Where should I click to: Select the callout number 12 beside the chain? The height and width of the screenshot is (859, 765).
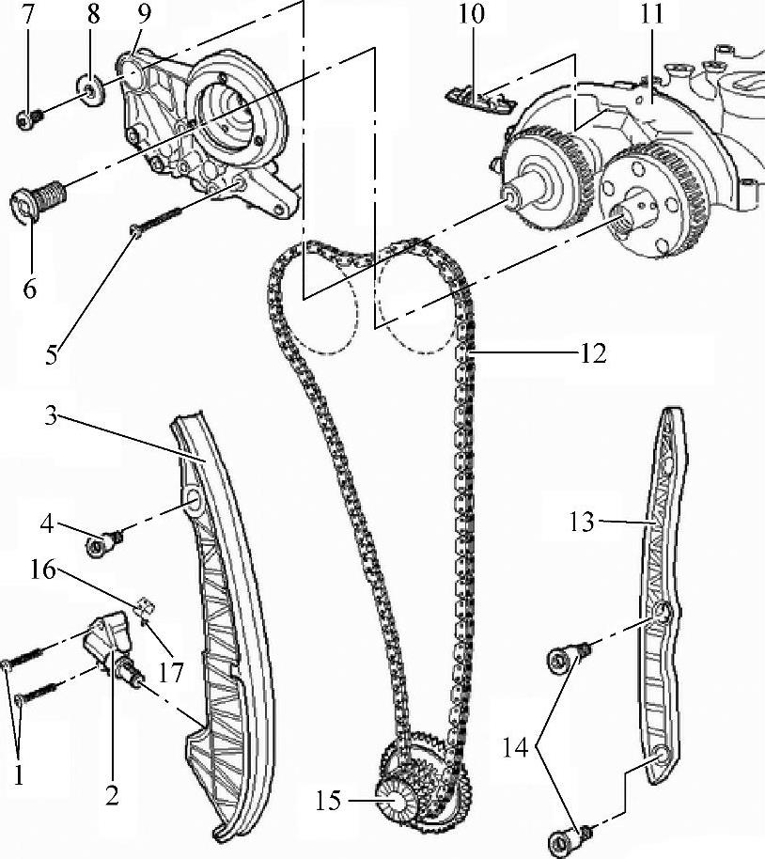593,353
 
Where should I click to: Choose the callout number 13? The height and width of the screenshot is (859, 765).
582,521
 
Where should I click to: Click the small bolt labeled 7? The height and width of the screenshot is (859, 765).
26,118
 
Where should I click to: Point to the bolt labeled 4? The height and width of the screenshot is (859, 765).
102,544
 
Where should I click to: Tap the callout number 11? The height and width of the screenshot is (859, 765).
652,16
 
